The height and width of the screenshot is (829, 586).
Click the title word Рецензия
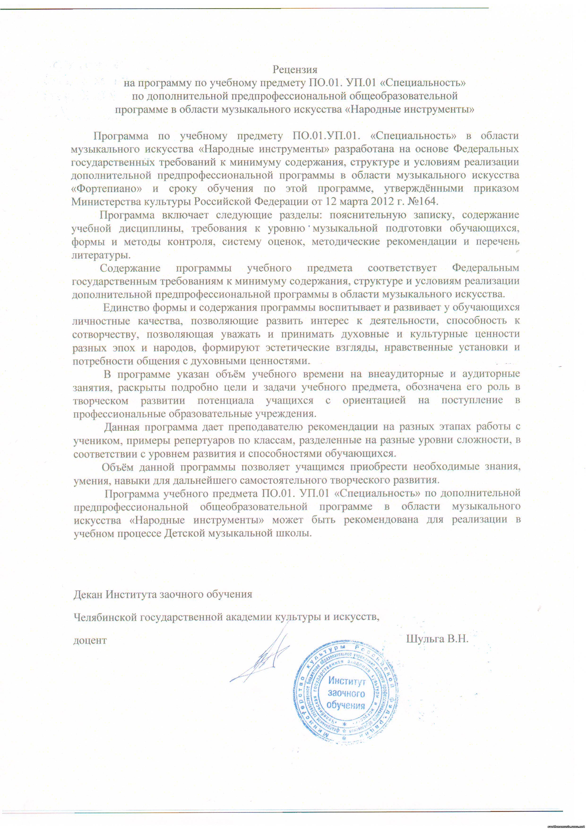(295, 69)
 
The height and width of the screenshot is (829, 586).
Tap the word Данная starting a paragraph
(122, 427)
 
